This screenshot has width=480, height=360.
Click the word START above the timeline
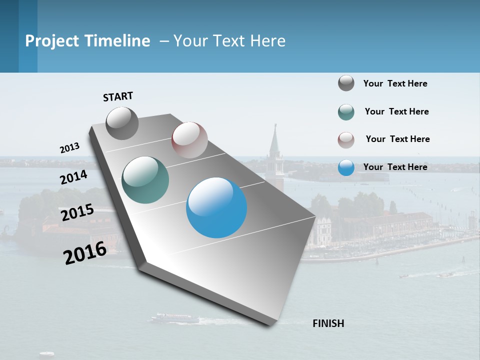118,96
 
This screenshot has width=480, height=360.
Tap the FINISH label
328,323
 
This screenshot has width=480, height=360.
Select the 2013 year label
69,148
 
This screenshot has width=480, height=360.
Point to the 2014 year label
73,177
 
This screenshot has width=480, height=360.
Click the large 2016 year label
85,253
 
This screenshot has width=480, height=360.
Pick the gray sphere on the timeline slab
122,123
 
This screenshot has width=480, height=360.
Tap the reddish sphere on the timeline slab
189,140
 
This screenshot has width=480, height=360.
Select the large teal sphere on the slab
145,180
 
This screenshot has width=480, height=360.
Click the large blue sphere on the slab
216,207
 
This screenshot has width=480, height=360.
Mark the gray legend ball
346,83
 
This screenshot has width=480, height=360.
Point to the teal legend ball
346,112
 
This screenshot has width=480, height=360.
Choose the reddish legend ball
346,140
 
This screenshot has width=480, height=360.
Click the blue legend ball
346,167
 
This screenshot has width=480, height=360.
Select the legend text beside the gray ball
395,83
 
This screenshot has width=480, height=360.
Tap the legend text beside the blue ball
395,167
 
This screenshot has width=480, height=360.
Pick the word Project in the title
52,41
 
